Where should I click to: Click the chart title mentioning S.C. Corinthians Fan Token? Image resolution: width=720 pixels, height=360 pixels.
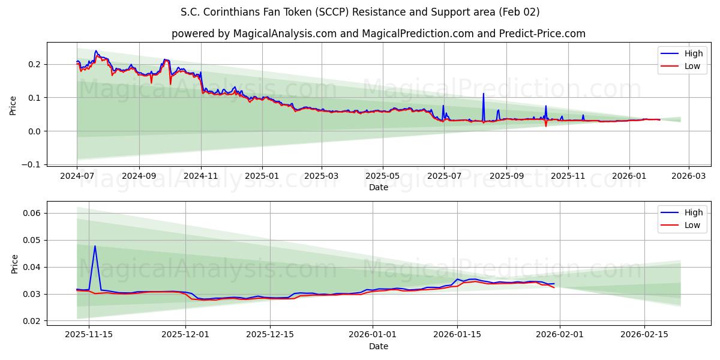(360, 12)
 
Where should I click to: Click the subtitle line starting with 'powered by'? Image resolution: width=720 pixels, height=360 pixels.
(378, 34)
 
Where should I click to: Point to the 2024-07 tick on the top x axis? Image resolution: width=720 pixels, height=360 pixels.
(77, 176)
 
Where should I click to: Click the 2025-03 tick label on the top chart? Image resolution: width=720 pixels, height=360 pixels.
(322, 176)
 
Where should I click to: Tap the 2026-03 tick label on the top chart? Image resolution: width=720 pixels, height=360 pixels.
(688, 176)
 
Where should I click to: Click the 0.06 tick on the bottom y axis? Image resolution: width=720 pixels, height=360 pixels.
(31, 213)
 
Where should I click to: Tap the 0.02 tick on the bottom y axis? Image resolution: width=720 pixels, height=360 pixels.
(31, 321)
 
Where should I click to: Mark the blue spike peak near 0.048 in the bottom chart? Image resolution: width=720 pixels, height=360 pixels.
(95, 246)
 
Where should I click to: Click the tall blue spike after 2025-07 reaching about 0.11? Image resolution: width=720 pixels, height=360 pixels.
(483, 94)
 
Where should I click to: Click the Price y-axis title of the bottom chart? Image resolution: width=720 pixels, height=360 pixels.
(14, 264)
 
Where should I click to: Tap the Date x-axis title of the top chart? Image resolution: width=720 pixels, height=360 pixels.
(378, 187)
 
